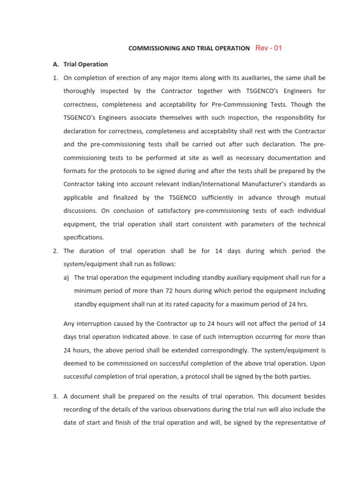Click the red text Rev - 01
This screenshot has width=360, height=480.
(269, 48)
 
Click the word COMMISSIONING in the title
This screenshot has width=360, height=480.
(152, 48)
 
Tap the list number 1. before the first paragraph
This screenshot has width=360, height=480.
(55, 77)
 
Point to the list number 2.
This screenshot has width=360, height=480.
(55, 251)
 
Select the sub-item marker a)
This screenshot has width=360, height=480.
(66, 277)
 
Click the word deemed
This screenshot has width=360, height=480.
(75, 363)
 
